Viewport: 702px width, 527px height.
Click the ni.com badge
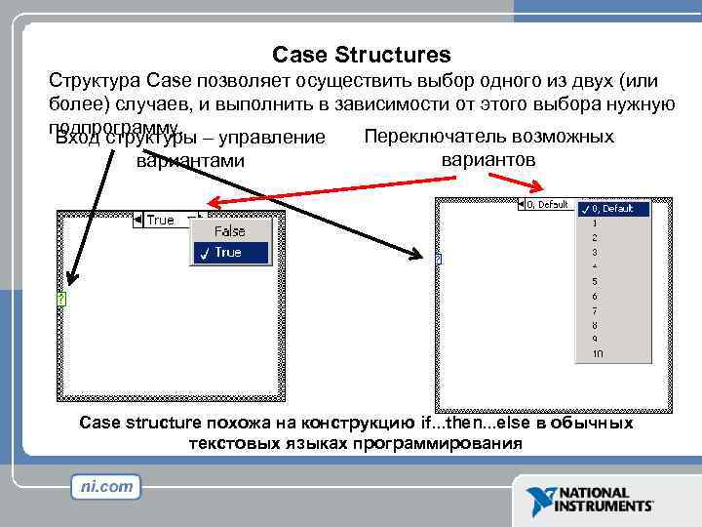(105, 486)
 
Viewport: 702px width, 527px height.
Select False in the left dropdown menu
(229, 231)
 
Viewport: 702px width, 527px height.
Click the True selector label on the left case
(160, 220)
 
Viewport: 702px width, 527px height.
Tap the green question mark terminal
(60, 299)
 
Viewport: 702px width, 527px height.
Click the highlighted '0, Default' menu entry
(611, 208)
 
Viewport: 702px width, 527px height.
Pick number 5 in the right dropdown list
(595, 282)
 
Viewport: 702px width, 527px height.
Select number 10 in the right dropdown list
(597, 354)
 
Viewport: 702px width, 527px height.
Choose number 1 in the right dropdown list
(595, 223)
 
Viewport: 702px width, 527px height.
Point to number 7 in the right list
(595, 311)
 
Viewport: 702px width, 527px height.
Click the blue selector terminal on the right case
(439, 259)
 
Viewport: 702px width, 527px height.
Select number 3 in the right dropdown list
(595, 253)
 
